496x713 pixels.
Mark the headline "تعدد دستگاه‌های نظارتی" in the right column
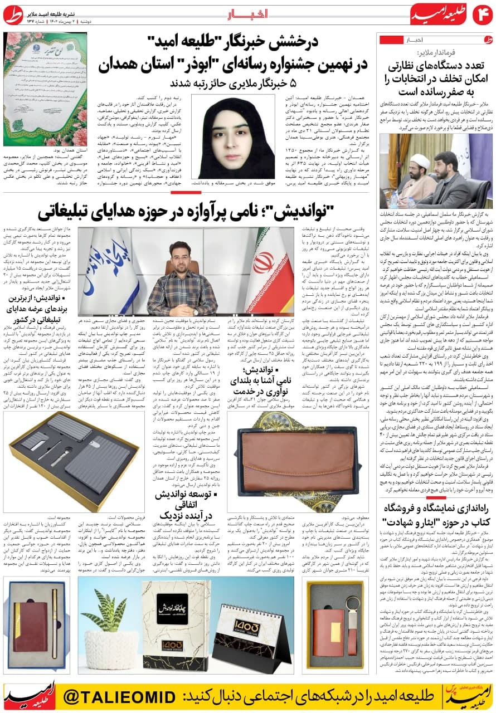pyautogui.click(x=435, y=78)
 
